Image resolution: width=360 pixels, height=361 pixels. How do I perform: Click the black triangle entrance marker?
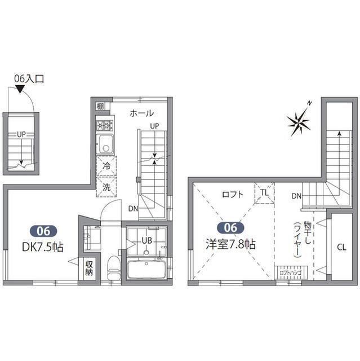(x=20, y=89)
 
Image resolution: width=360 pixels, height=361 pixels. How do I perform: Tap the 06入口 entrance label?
(x=29, y=79)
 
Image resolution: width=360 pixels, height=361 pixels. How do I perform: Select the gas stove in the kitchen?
(x=105, y=125)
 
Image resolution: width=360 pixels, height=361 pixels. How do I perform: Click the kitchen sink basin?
(x=105, y=144)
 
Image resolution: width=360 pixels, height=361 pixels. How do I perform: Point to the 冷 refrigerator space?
(x=106, y=166)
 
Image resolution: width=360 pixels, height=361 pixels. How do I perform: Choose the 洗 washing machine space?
(x=106, y=187)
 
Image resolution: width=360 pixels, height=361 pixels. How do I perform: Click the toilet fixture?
(x=114, y=266)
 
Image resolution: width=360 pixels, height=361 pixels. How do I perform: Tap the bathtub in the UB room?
(x=146, y=270)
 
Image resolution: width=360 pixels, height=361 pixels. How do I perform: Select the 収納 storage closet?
(x=89, y=268)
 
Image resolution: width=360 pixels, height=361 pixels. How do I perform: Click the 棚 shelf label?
(x=100, y=107)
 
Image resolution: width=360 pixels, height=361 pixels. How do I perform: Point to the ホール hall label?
(x=141, y=113)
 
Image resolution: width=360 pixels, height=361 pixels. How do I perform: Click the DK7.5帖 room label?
(x=43, y=247)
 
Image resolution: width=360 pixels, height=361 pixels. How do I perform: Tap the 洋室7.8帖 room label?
(x=230, y=244)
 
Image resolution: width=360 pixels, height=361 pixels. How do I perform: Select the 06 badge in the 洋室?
(x=230, y=228)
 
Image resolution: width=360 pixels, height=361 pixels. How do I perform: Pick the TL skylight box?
(x=264, y=193)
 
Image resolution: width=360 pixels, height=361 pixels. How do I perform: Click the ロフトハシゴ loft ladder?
(x=291, y=273)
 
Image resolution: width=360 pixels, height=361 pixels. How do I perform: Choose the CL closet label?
(x=341, y=248)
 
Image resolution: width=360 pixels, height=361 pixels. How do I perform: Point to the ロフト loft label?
(x=233, y=195)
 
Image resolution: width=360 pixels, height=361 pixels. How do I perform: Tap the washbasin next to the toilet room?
(x=92, y=238)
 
